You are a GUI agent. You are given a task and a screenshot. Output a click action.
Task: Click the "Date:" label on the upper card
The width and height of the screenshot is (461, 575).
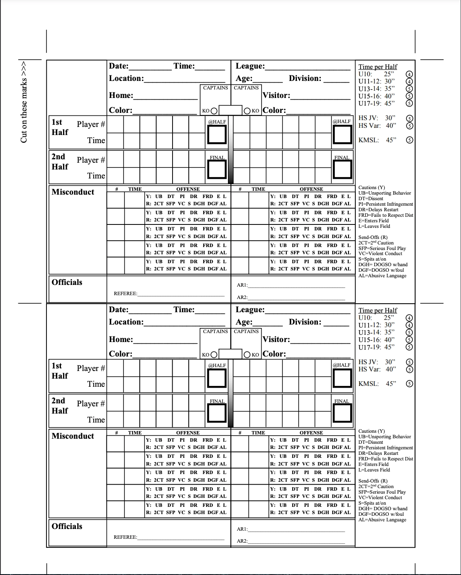pos(119,66)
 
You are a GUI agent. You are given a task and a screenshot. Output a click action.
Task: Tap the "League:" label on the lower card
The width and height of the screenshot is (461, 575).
pos(250,310)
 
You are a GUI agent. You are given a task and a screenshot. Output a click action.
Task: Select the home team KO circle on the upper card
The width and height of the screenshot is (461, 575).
pos(214,111)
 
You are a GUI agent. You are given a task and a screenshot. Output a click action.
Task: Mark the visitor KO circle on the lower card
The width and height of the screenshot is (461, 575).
pos(247,355)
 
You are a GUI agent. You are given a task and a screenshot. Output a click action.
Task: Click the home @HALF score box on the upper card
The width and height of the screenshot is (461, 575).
pos(217,135)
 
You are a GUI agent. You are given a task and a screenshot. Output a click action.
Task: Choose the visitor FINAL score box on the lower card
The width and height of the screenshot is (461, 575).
pos(342,413)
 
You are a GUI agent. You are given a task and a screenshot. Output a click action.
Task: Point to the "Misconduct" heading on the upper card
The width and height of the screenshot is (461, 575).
pos(73,192)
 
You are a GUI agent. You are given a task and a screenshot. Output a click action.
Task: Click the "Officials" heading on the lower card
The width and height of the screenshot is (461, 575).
pos(67,526)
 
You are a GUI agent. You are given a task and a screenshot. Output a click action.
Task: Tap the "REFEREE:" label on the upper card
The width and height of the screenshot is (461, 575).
pos(125,293)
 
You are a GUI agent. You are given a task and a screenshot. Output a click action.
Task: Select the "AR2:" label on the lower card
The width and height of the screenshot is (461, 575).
pos(242,541)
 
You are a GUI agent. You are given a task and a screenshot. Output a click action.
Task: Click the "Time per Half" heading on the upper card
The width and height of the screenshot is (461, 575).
pos(377,67)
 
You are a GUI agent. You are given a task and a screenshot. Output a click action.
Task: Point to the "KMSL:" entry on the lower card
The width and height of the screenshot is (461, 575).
pos(369,384)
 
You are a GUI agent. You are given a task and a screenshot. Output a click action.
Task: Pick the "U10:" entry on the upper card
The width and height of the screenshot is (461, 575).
pos(366,74)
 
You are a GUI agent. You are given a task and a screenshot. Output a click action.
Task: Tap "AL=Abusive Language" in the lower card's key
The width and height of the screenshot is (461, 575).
pos(382,520)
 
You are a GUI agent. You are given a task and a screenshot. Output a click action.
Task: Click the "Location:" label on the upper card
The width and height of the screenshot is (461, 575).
pos(126,78)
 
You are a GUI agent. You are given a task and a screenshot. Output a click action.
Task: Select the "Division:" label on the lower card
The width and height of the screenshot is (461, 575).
pos(305,322)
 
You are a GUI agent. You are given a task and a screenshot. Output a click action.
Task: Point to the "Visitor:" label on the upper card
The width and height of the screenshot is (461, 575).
pos(276,96)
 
